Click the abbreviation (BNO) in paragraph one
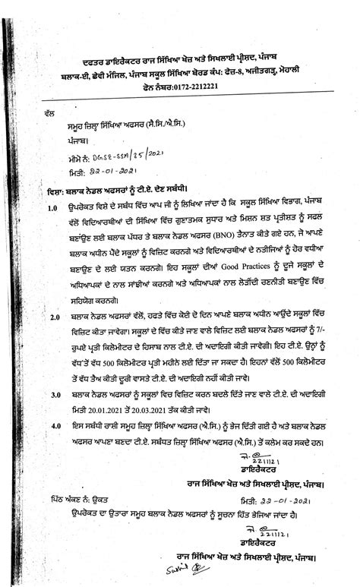(230, 235)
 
